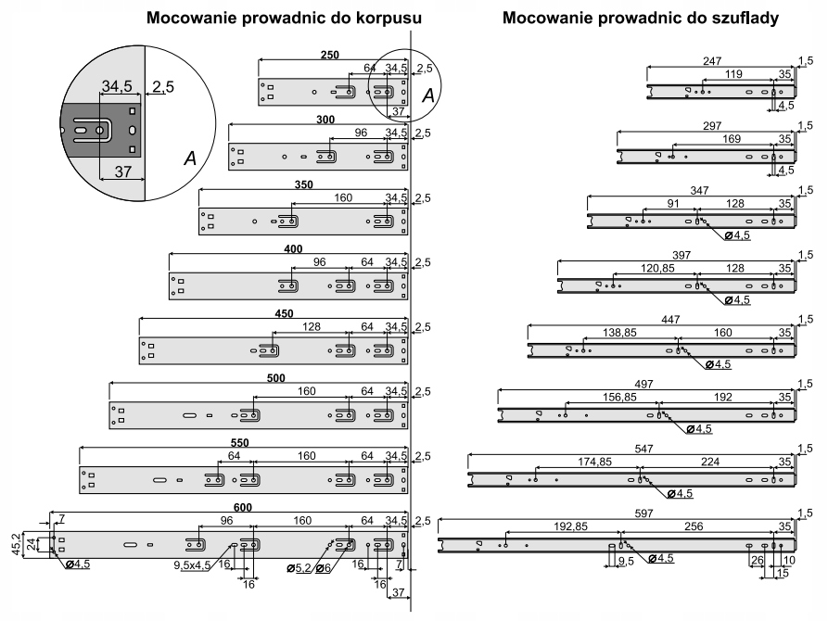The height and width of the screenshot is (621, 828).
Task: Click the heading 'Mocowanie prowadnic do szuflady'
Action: tap(641, 19)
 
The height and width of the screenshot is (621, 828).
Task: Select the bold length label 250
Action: tap(329, 55)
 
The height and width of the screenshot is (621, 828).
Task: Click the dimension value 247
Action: tap(710, 60)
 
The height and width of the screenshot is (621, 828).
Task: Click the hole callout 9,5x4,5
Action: tap(194, 564)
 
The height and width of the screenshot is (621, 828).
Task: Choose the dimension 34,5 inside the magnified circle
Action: tap(117, 86)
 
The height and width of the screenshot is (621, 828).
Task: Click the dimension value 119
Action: tap(733, 74)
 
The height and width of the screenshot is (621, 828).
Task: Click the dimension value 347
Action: tap(699, 189)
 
